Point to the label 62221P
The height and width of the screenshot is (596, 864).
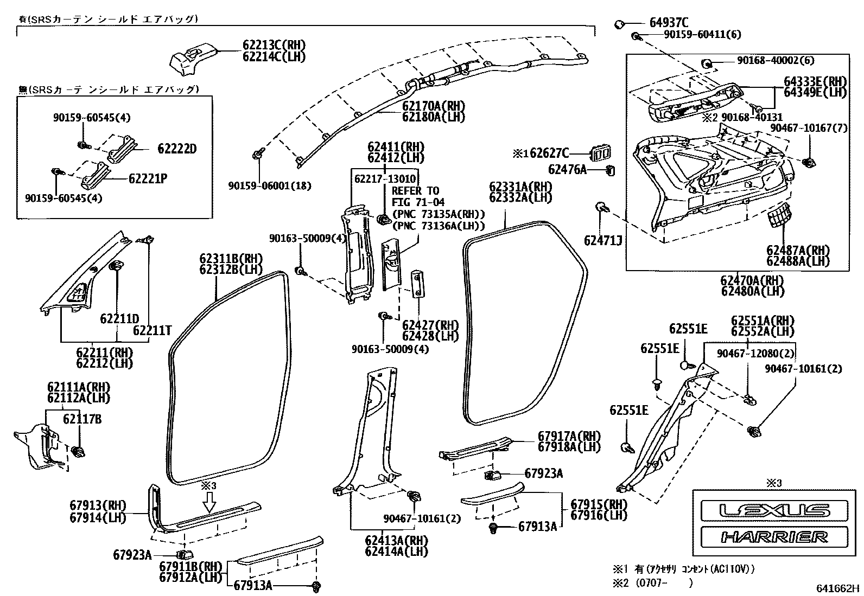148,177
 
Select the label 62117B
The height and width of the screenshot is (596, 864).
82,419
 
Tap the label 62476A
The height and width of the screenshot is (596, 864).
567,170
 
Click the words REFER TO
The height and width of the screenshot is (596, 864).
416,191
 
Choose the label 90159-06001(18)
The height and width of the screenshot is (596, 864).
269,185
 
